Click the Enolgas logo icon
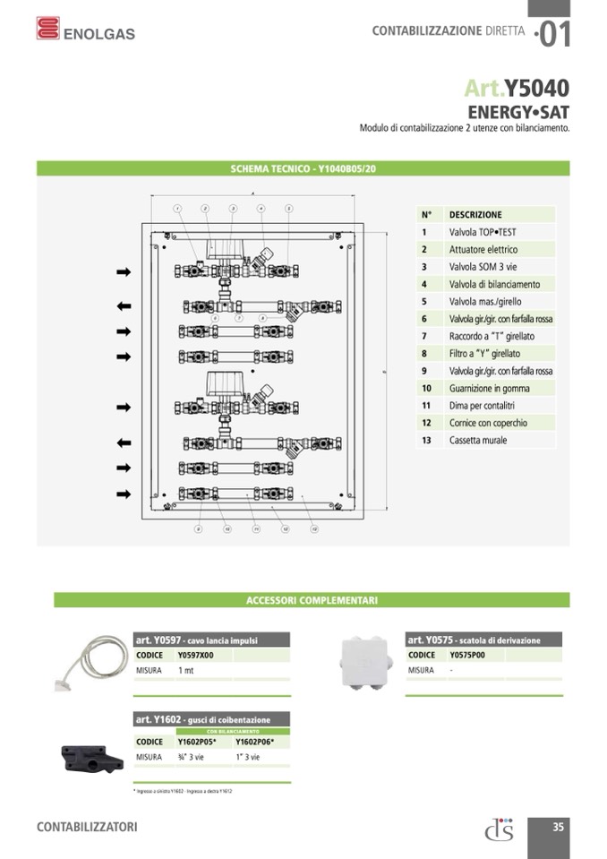click(47, 29)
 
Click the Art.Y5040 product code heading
click(517, 88)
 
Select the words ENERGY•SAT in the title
click(518, 113)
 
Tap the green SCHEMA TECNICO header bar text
click(303, 168)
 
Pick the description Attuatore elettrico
click(483, 249)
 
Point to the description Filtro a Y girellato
click(484, 354)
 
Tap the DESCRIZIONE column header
click(475, 215)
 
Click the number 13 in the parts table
click(427, 440)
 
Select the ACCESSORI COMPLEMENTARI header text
click(312, 600)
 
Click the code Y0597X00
click(196, 656)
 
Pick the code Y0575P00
click(467, 655)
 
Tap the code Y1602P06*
click(254, 742)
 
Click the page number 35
click(558, 827)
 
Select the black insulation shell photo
click(90, 758)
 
